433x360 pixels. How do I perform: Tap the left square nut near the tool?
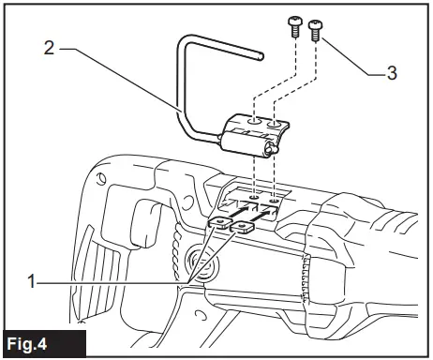point(218,222)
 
